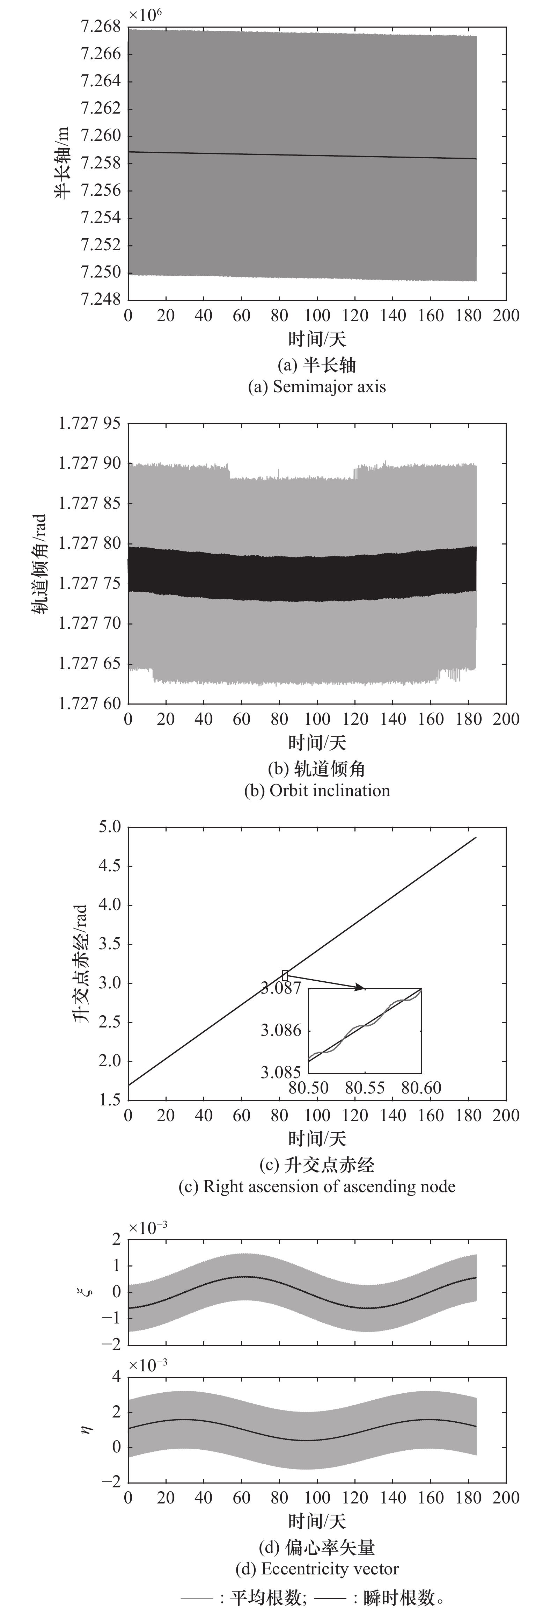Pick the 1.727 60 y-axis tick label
(89, 703)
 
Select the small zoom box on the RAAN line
(285, 975)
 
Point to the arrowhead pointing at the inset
(361, 987)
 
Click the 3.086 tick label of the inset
(281, 1030)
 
